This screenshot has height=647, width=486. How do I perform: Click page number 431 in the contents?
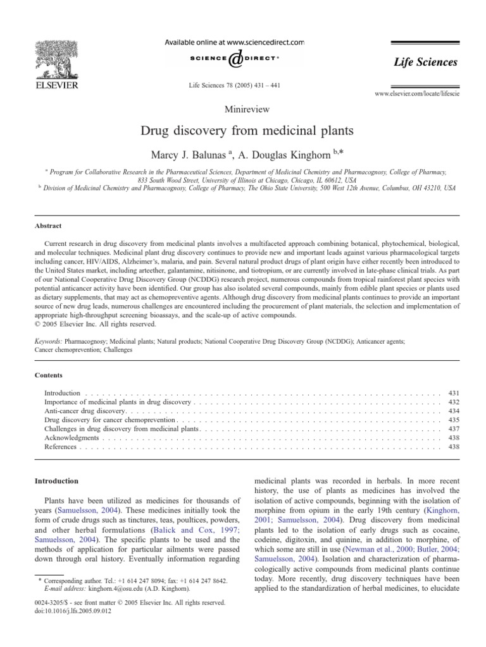453,393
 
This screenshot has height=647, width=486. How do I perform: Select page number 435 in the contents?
453,420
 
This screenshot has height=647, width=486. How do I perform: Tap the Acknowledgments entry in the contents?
72,438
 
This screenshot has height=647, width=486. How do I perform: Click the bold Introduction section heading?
57,481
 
